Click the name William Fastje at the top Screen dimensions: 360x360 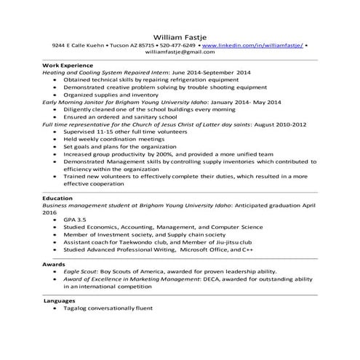coord(180,35)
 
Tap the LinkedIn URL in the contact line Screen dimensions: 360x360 coord(252,45)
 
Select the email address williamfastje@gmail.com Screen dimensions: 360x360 coord(180,52)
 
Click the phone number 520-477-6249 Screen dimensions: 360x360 coord(177,45)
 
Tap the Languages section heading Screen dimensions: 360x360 coord(60,300)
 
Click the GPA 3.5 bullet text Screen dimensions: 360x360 coord(76,219)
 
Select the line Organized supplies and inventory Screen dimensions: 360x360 coord(110,95)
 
